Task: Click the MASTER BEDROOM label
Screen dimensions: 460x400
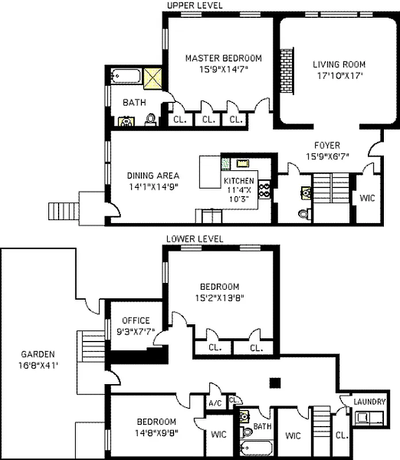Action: coord(223,58)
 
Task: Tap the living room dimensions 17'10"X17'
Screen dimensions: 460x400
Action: coord(339,75)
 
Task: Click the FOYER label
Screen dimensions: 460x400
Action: coord(326,145)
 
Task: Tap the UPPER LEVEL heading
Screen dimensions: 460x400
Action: coord(194,5)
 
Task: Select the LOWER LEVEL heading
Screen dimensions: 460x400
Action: coord(194,239)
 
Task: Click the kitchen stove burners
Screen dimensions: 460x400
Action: coord(266,190)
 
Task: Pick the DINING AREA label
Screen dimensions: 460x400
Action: coord(153,176)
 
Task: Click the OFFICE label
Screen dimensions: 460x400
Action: coord(136,320)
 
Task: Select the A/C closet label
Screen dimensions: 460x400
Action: coord(216,402)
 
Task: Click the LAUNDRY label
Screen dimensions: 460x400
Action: coord(370,402)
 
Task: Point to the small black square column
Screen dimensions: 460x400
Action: coord(275,381)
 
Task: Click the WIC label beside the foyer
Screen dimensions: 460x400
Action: coord(367,198)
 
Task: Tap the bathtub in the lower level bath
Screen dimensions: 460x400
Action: coord(253,449)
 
